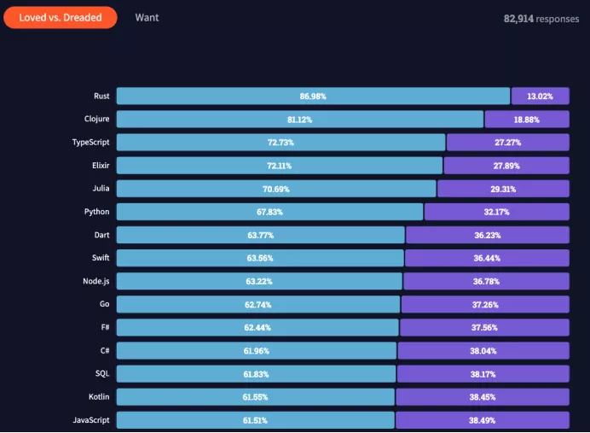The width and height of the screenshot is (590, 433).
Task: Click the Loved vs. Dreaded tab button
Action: pyautogui.click(x=60, y=17)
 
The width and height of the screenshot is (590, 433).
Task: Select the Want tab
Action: pyautogui.click(x=147, y=17)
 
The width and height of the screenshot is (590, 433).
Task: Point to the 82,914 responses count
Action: pyautogui.click(x=541, y=18)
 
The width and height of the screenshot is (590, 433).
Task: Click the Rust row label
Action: pyautogui.click(x=101, y=96)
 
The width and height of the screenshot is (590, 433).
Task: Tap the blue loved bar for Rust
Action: pyautogui.click(x=313, y=97)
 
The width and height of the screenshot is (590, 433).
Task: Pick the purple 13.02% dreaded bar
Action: pyautogui.click(x=540, y=97)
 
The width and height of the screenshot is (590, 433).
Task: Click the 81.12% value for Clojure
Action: pyautogui.click(x=299, y=120)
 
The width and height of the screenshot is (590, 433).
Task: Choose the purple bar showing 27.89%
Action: pyautogui.click(x=506, y=166)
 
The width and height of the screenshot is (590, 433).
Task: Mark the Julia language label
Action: pyautogui.click(x=101, y=188)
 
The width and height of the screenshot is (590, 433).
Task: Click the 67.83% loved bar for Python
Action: pyautogui.click(x=269, y=212)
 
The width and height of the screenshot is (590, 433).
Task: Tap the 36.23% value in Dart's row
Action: pyautogui.click(x=488, y=235)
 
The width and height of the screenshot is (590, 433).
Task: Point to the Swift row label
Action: pyautogui.click(x=100, y=257)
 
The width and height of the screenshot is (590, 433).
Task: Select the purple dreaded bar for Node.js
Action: pyautogui.click(x=485, y=281)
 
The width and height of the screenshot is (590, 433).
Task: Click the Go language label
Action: pyautogui.click(x=104, y=303)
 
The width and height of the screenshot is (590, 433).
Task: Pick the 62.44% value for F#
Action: pyautogui.click(x=257, y=327)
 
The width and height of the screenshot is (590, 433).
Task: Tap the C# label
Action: pyautogui.click(x=104, y=349)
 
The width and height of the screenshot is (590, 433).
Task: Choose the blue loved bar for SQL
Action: pyautogui.click(x=256, y=373)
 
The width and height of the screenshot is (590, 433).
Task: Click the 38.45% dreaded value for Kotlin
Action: pyautogui.click(x=483, y=396)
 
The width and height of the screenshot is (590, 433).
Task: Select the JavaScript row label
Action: pyautogui.click(x=90, y=419)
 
